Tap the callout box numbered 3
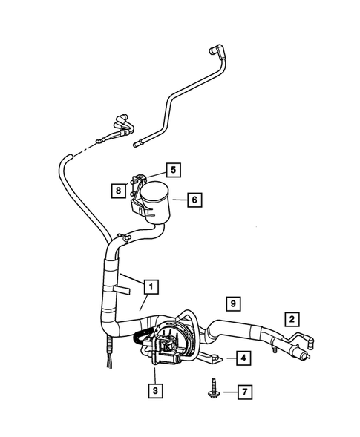coord(154,389)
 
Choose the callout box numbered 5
coord(171,170)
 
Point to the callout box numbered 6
coord(193,199)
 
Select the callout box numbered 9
coord(233,303)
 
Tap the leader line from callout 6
coord(179,199)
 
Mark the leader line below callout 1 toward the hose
coord(144,301)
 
